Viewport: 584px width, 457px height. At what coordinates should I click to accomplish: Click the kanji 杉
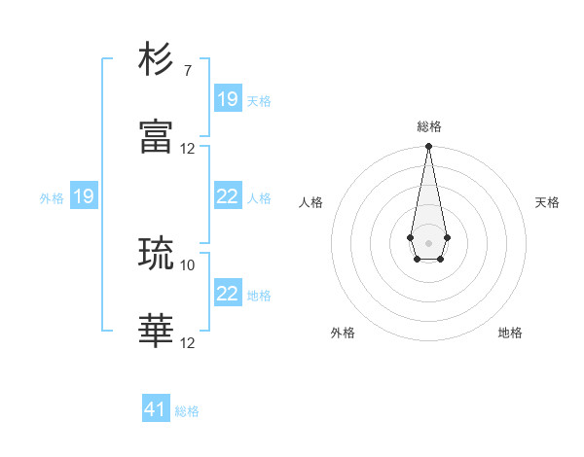pyautogui.click(x=157, y=60)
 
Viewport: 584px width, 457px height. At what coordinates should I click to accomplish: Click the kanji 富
pyautogui.click(x=157, y=137)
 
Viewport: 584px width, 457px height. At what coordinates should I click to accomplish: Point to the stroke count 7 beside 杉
pyautogui.click(x=187, y=71)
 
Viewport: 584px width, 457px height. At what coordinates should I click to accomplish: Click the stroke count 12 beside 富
pyautogui.click(x=188, y=149)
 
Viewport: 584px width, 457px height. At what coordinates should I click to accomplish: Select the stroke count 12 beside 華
pyautogui.click(x=188, y=343)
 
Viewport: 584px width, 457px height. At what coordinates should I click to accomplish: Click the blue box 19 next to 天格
pyautogui.click(x=228, y=99)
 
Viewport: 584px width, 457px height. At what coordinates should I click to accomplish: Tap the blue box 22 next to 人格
pyautogui.click(x=228, y=196)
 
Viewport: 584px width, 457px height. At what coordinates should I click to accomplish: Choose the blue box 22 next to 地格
pyautogui.click(x=228, y=294)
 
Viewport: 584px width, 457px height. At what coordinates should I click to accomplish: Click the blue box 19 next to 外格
pyautogui.click(x=84, y=196)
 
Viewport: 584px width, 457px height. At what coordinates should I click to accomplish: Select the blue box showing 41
pyautogui.click(x=156, y=409)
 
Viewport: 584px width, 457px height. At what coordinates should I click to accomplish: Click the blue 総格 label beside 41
pyautogui.click(x=187, y=411)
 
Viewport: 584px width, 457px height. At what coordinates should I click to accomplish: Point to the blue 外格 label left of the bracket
pyautogui.click(x=52, y=198)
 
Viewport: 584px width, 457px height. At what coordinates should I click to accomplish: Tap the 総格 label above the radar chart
pyautogui.click(x=428, y=126)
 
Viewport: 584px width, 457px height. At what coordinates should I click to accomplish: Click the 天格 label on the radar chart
pyautogui.click(x=547, y=202)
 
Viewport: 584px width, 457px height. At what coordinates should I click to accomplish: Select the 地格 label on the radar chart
pyautogui.click(x=510, y=333)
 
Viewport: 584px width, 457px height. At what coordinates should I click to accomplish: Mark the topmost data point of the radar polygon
pyautogui.click(x=428, y=147)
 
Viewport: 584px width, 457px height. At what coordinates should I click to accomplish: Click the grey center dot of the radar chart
pyautogui.click(x=428, y=241)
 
